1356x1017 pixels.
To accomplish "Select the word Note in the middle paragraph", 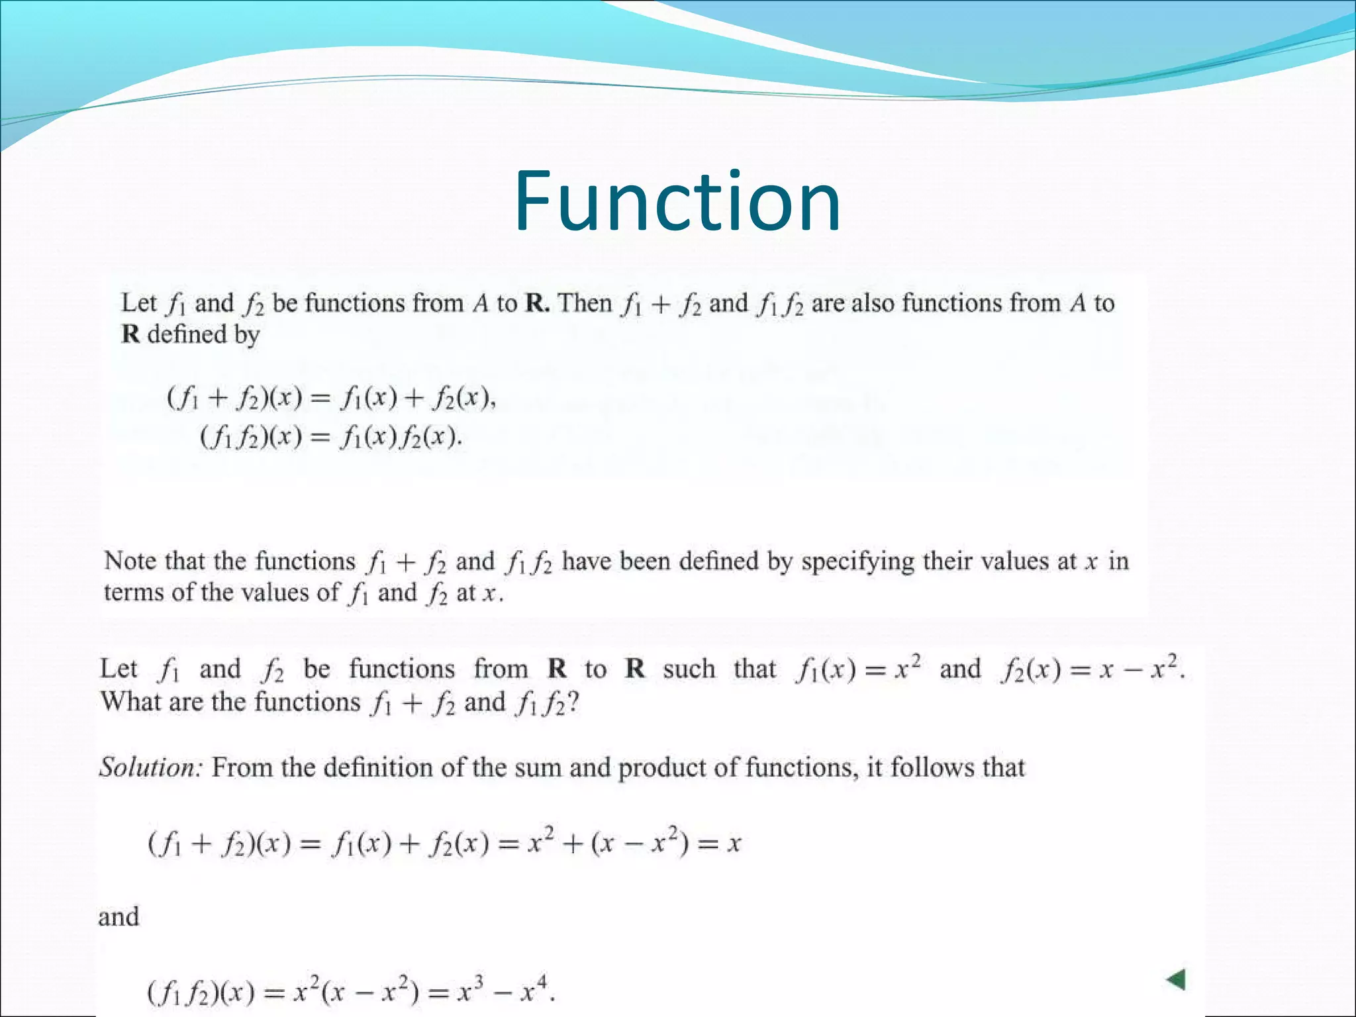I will pyautogui.click(x=130, y=561).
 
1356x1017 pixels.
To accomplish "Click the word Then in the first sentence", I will pyautogui.click(x=585, y=303).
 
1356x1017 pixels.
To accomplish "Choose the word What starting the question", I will pyautogui.click(x=130, y=702).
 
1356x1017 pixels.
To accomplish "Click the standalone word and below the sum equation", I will pyautogui.click(x=119, y=917).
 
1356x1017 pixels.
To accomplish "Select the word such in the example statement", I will pyautogui.click(x=689, y=669).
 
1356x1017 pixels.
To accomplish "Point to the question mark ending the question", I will pyautogui.click(x=573, y=702).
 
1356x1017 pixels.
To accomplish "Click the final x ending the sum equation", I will pyautogui.click(x=733, y=844).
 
